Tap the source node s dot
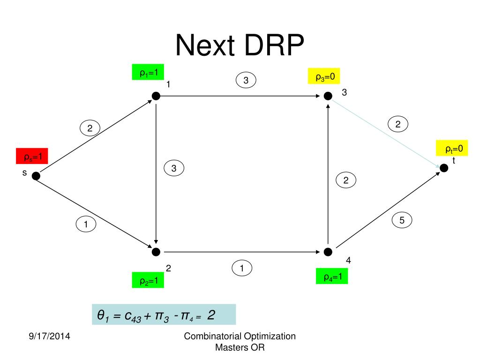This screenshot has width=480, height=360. [x=36, y=176]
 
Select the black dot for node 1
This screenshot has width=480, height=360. [x=156, y=96]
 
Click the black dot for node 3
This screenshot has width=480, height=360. [x=328, y=96]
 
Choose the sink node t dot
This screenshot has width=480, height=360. [x=443, y=168]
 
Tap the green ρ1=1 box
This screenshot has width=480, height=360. [x=149, y=73]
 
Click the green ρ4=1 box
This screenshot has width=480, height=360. [x=332, y=277]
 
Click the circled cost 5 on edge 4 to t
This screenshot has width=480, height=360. [x=402, y=220]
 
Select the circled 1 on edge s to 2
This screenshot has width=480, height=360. [x=86, y=225]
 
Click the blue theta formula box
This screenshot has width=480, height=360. [x=164, y=315]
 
